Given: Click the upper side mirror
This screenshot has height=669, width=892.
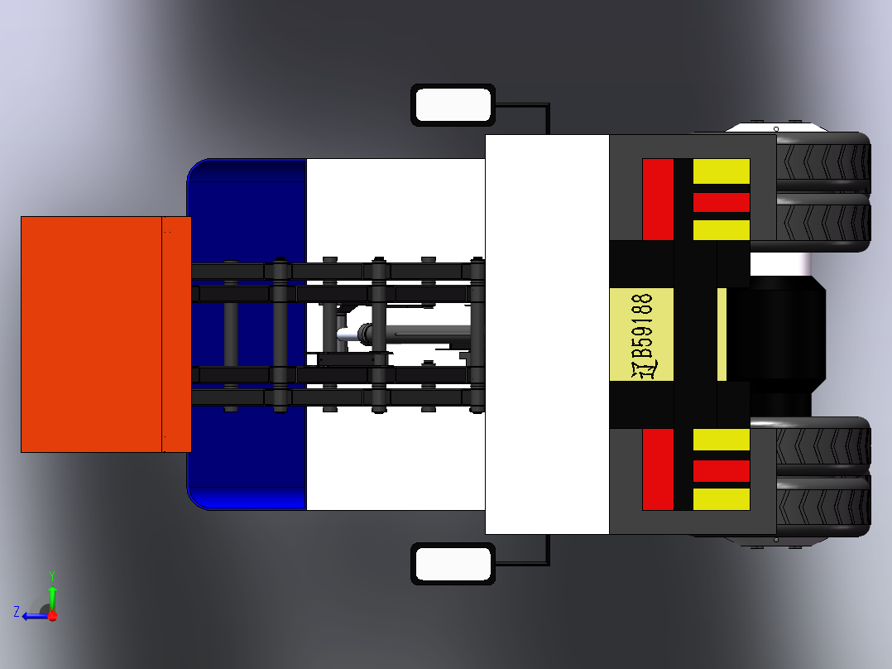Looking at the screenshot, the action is pos(453,105).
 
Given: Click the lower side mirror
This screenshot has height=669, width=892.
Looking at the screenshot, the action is pos(453,564).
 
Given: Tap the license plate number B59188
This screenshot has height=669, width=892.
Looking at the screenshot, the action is pos(642,326).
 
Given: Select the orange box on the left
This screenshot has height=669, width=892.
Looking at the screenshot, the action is pos(106,334).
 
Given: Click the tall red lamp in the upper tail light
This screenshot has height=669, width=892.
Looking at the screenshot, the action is pos(658,200).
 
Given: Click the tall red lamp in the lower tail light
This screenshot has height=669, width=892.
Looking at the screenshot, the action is pos(658,469).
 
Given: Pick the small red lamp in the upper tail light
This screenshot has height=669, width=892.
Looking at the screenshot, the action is pos(722,202).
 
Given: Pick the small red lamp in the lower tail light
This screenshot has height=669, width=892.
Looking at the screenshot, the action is pos(722,471).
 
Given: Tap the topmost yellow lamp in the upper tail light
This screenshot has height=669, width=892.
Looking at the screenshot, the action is pos(722,171).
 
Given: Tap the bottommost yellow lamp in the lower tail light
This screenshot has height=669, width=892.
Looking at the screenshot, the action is pos(722,499).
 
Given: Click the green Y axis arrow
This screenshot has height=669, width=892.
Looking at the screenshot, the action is pos(52,592).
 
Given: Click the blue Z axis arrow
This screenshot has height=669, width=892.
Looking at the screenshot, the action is pos(33,616).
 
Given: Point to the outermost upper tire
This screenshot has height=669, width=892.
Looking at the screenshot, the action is pos(823,161).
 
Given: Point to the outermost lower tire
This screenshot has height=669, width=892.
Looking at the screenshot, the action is pos(823,508).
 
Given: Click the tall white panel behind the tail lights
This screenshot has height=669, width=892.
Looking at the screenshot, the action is pos(547,334).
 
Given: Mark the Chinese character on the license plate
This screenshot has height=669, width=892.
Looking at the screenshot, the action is pos(644,370).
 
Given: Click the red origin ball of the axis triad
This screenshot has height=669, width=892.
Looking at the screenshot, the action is pos(52,616).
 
